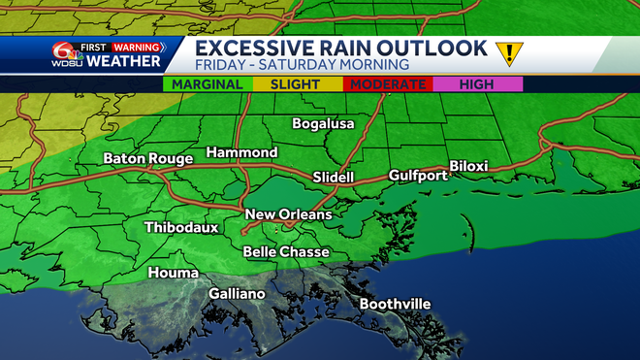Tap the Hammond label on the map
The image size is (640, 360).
click(x=241, y=153)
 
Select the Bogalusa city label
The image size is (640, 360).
click(x=324, y=124)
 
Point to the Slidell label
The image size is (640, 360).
click(x=334, y=178)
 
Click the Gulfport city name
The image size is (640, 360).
click(x=418, y=176)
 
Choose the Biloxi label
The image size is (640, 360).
click(x=468, y=167)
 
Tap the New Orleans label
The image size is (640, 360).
click(x=288, y=214)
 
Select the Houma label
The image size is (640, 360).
click(x=173, y=274)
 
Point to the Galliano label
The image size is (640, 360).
click(x=237, y=294)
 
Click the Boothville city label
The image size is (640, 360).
click(x=395, y=305)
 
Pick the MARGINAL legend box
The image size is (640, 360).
click(x=208, y=84)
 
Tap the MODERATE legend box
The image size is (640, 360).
click(x=388, y=84)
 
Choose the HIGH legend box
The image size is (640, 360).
click(x=475, y=84)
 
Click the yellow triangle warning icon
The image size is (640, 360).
click(x=506, y=52)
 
